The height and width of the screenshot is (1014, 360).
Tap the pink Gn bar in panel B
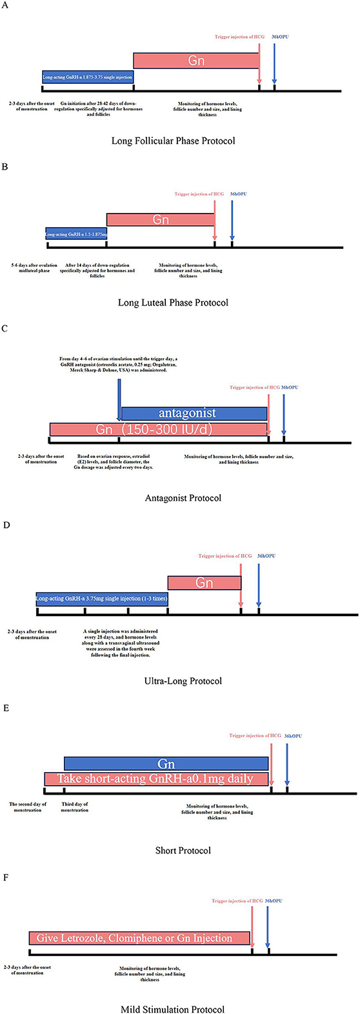tap(161, 219)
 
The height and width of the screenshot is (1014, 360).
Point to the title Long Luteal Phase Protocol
tap(173, 302)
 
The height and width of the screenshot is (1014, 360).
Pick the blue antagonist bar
tap(194, 413)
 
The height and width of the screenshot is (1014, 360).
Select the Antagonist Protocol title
tap(183, 497)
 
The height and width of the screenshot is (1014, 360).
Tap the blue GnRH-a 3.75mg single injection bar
tap(102, 599)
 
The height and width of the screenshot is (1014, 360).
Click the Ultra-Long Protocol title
tap(183, 681)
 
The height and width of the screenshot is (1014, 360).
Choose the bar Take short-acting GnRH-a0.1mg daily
tap(156, 779)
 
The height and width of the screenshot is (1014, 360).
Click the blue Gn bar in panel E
tap(166, 764)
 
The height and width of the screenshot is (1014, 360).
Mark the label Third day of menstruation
tap(75, 808)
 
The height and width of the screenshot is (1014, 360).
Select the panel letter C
tap(5, 346)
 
